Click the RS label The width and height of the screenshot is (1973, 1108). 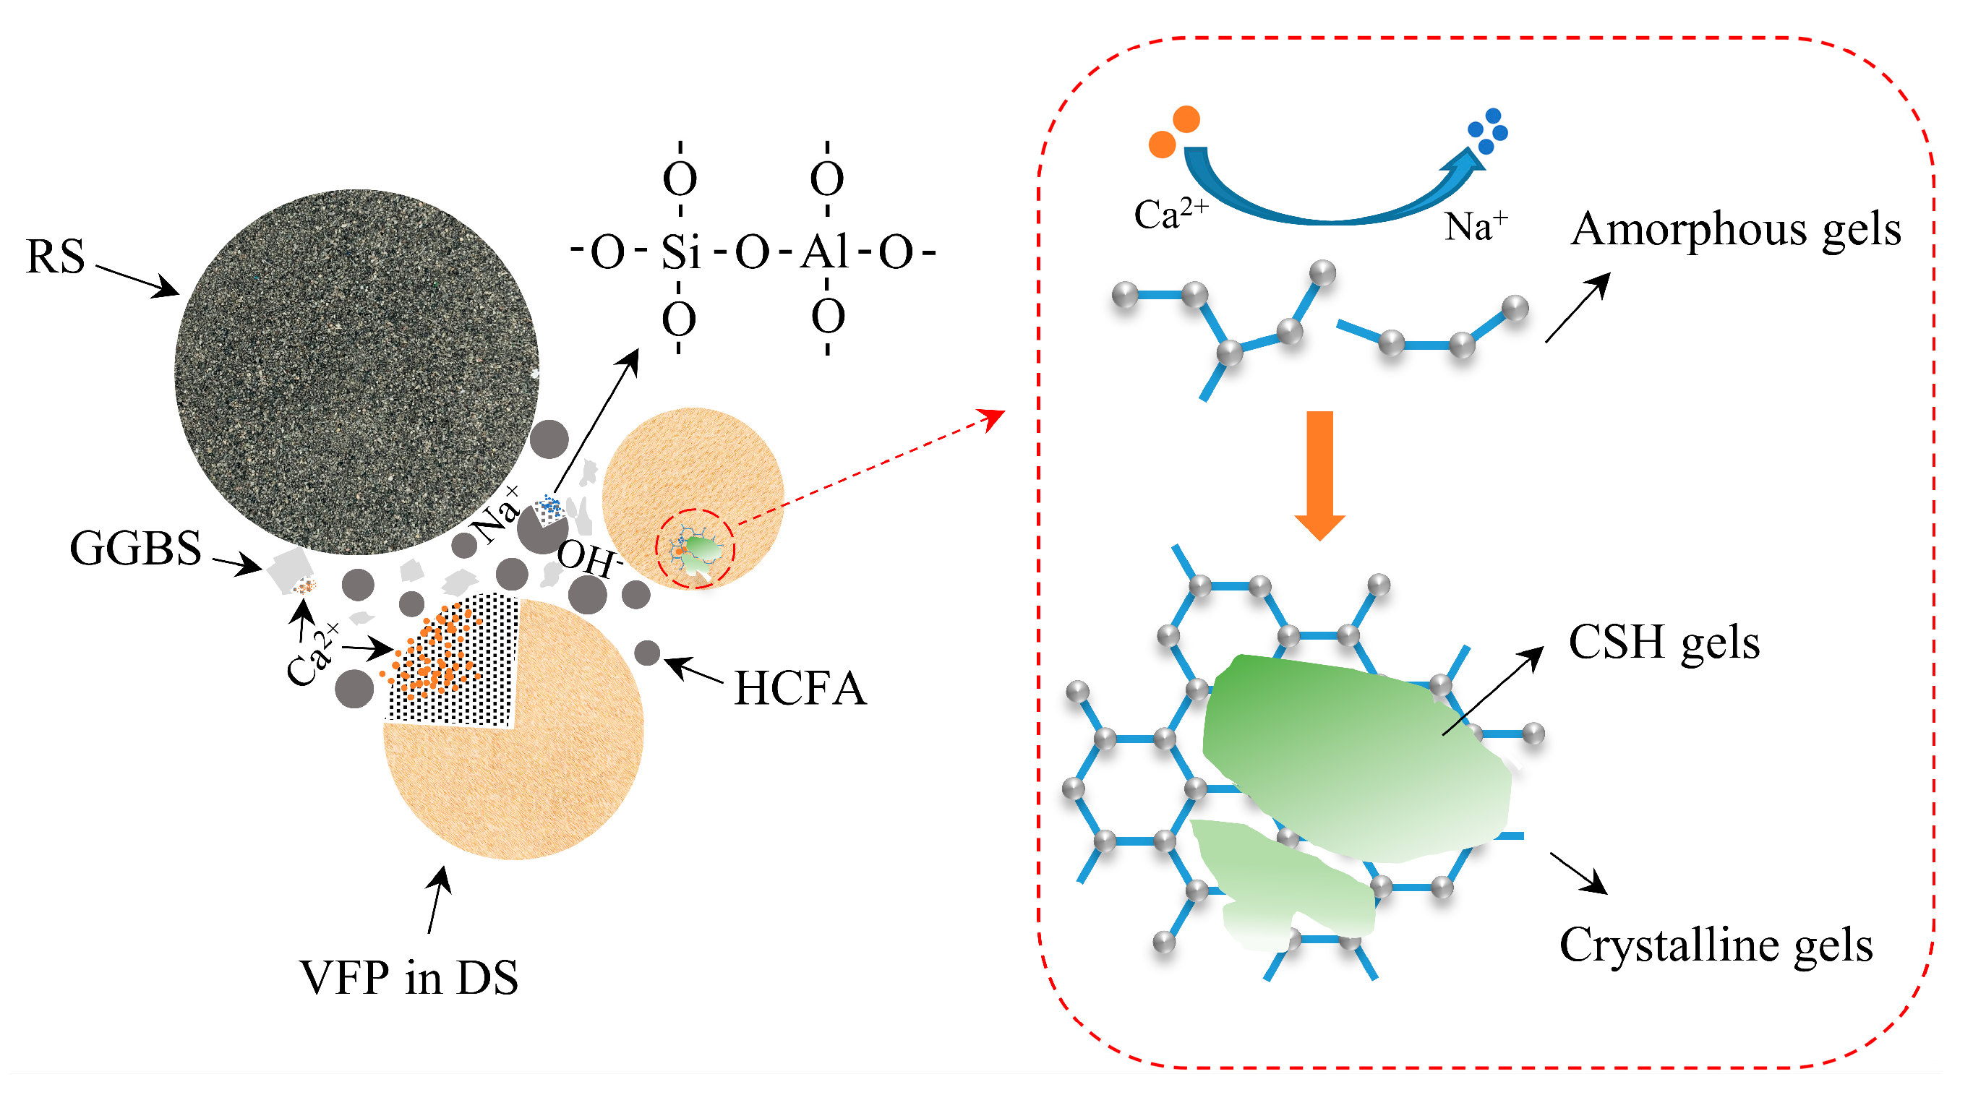(55, 257)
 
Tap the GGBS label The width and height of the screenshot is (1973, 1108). (136, 549)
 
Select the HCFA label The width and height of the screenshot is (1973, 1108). (800, 687)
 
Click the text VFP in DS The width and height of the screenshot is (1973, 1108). (409, 978)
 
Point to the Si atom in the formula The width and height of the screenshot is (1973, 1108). (681, 252)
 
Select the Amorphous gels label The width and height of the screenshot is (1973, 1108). (1736, 229)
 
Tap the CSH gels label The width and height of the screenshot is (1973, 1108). (1664, 642)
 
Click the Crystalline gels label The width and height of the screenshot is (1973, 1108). (1716, 944)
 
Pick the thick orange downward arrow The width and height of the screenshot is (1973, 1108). (1319, 475)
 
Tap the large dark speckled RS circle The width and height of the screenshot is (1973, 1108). (357, 372)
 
